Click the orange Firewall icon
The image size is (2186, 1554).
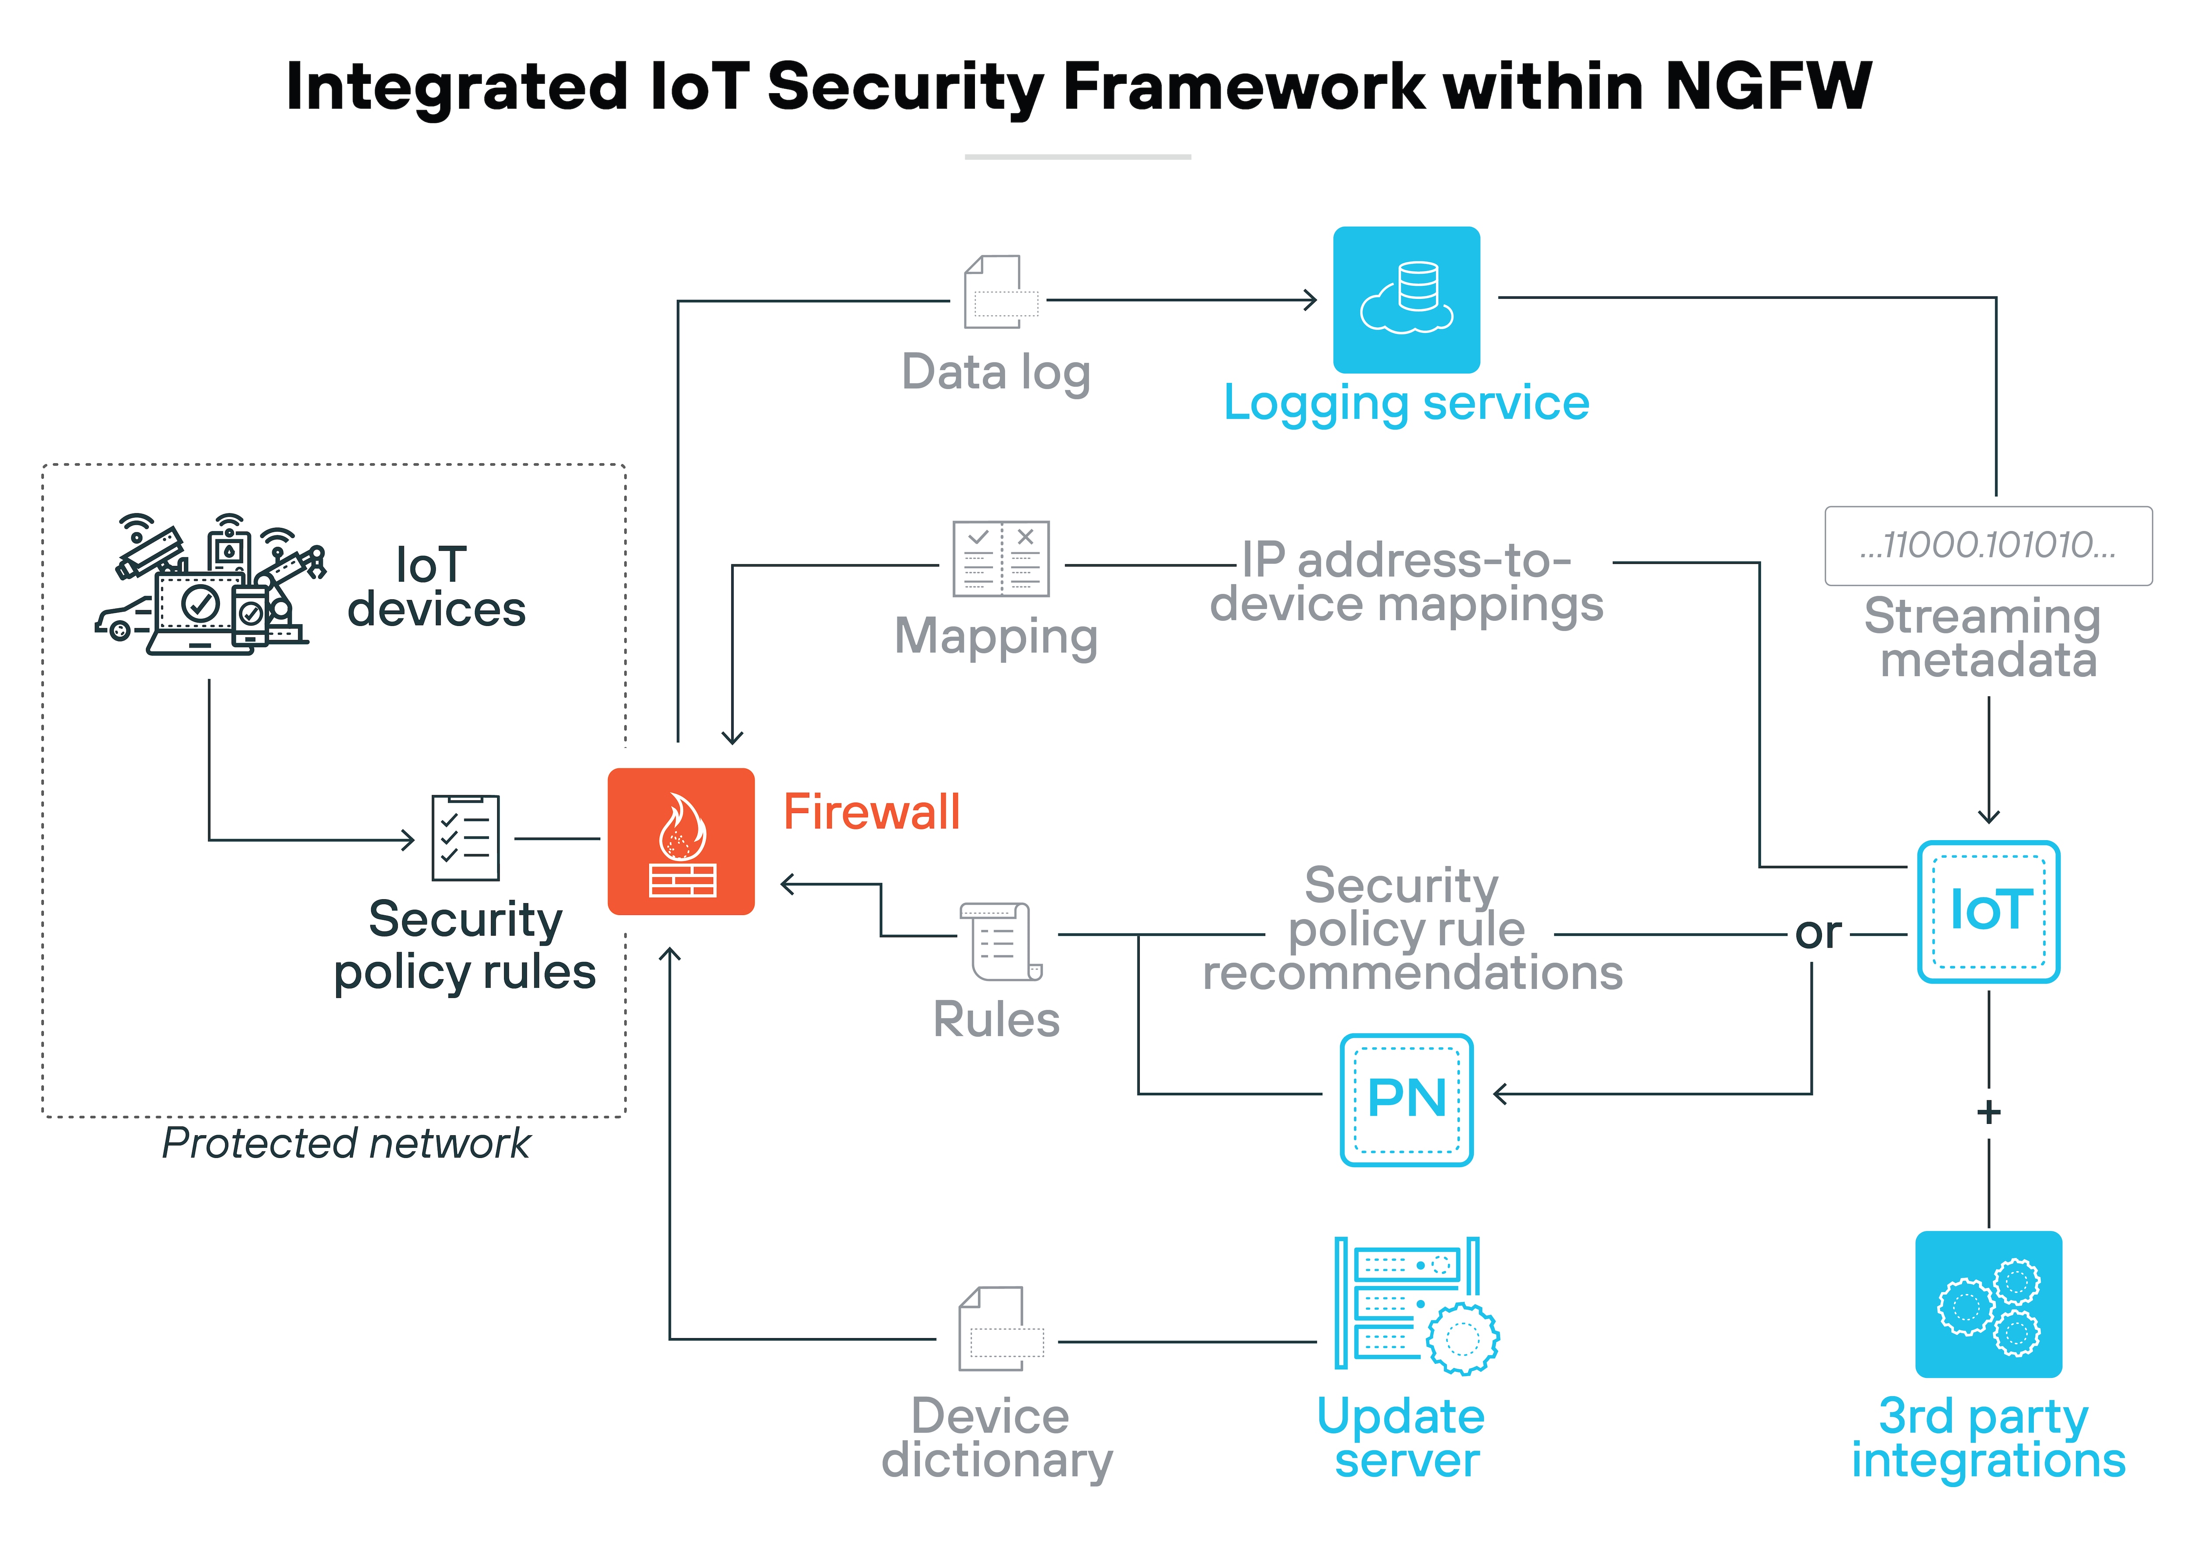click(680, 841)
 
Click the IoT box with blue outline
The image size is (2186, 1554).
click(1988, 911)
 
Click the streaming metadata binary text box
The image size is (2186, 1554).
click(1988, 546)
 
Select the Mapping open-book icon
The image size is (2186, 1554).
click(1000, 559)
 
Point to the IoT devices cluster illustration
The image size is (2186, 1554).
click(211, 586)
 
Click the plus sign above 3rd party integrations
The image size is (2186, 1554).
click(1988, 1112)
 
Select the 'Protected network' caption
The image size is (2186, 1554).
click(345, 1143)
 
